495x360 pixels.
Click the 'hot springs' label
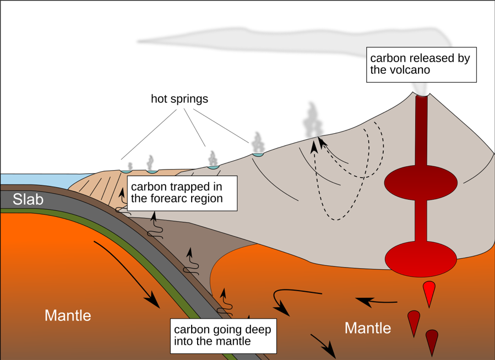click(x=179, y=99)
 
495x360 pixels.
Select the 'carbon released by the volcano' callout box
click(x=421, y=64)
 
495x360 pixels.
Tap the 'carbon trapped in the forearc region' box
click(x=182, y=193)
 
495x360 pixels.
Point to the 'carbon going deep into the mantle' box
click(x=223, y=335)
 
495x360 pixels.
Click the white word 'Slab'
click(x=28, y=199)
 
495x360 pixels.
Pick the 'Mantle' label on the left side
click(x=68, y=316)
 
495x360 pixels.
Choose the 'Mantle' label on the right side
click(x=368, y=329)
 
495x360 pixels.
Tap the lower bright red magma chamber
click(x=421, y=258)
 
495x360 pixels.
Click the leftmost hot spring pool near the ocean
click(x=126, y=172)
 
